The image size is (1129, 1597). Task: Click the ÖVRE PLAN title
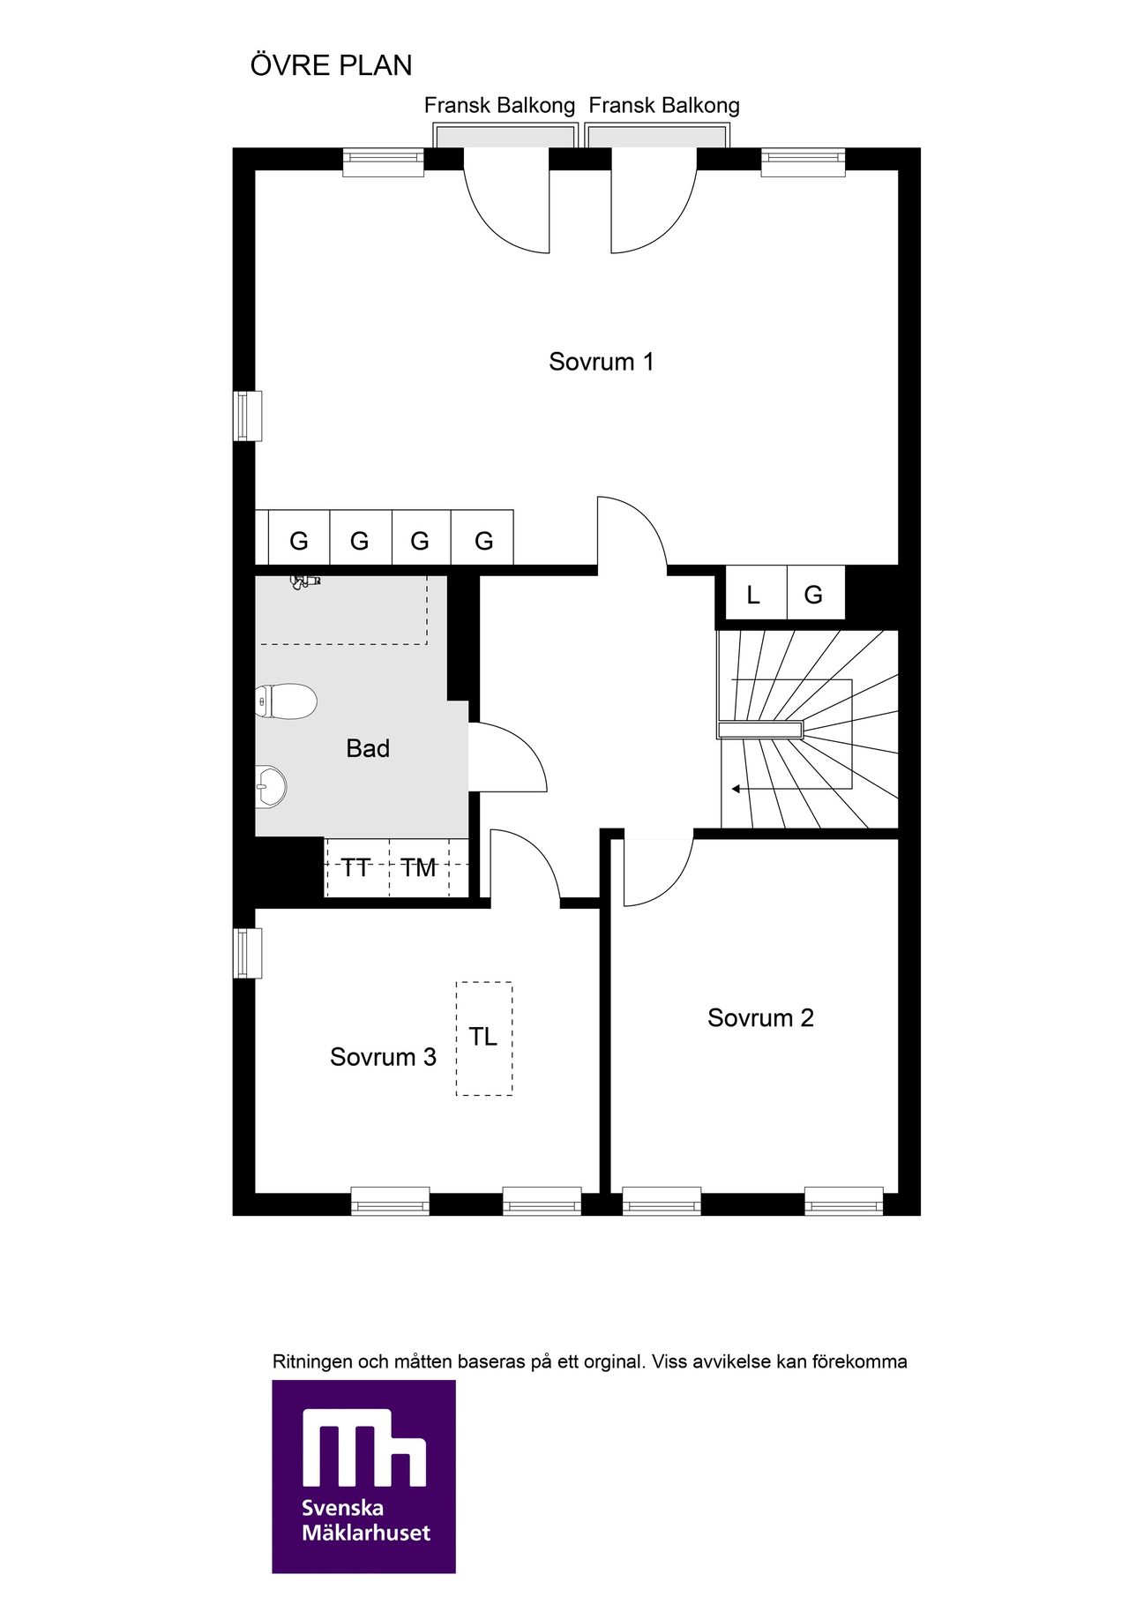point(332,65)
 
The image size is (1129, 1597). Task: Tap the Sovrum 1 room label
point(602,362)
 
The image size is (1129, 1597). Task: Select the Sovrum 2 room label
point(760,1018)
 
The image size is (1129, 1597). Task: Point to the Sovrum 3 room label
point(383,1057)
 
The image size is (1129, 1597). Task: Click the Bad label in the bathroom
point(368,749)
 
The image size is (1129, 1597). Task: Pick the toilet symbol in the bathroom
point(286,702)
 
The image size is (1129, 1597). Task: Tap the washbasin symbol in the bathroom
point(271,786)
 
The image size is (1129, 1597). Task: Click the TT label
point(355,868)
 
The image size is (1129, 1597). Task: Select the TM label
point(419,868)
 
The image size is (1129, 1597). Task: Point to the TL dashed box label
point(482,1037)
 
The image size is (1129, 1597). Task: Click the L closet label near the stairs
point(753,596)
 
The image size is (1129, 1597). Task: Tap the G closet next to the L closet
point(813,596)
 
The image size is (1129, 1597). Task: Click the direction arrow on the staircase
point(748,789)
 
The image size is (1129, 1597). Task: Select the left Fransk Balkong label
point(499,106)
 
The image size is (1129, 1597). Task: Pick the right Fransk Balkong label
point(664,106)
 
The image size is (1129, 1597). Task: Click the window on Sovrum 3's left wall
point(248,953)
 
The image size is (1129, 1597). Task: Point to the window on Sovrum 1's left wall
point(248,416)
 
